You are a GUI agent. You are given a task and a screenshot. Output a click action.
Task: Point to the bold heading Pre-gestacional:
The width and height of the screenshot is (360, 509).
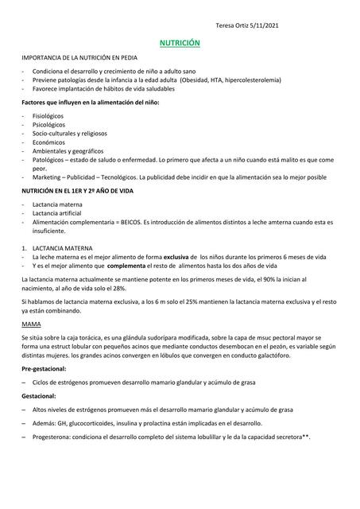pos(46,370)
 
